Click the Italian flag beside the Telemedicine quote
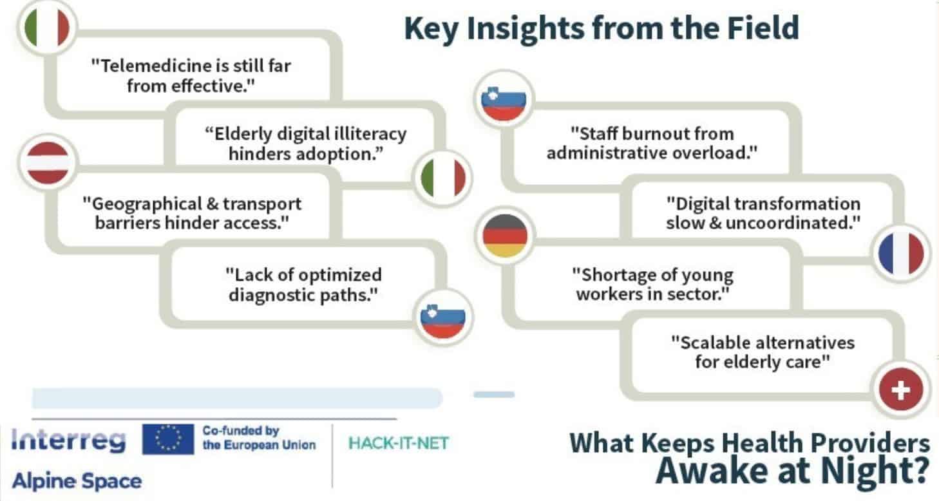click(47, 28)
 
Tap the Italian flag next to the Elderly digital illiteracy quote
click(443, 178)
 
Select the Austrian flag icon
click(48, 163)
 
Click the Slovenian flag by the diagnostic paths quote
click(443, 317)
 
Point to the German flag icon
click(505, 236)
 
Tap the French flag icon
click(901, 254)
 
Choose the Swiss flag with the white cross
click(901, 389)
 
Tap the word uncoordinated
click(793, 223)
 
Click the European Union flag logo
click(168, 439)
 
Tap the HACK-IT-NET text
click(399, 443)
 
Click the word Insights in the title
click(526, 28)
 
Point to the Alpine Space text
click(77, 481)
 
